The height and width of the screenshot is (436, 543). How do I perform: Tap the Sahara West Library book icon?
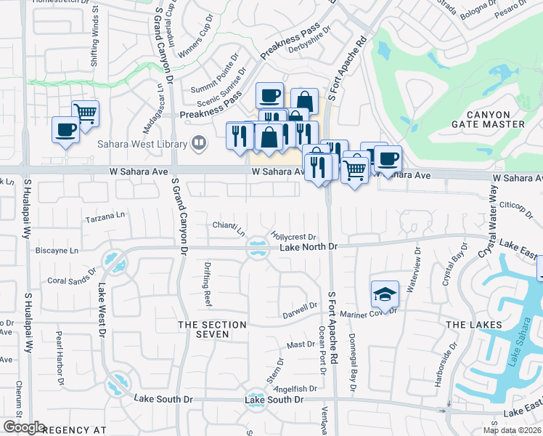coord(197,142)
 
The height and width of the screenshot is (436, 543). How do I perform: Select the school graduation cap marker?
coord(385,294)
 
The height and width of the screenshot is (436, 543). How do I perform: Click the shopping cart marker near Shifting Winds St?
coord(86,113)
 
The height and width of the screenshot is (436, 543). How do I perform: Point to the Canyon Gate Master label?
coord(495,119)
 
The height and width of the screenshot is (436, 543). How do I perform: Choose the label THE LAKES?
coord(473,324)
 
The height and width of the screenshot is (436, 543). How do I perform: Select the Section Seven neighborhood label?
coord(203,329)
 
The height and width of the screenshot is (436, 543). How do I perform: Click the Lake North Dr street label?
coord(309,248)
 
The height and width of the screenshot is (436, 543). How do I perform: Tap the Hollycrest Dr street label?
coord(294,236)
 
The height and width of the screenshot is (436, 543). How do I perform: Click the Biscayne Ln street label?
coord(57,251)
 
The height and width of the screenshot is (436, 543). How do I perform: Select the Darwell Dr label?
coord(301,310)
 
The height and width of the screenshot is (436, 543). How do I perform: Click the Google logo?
coord(24,428)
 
